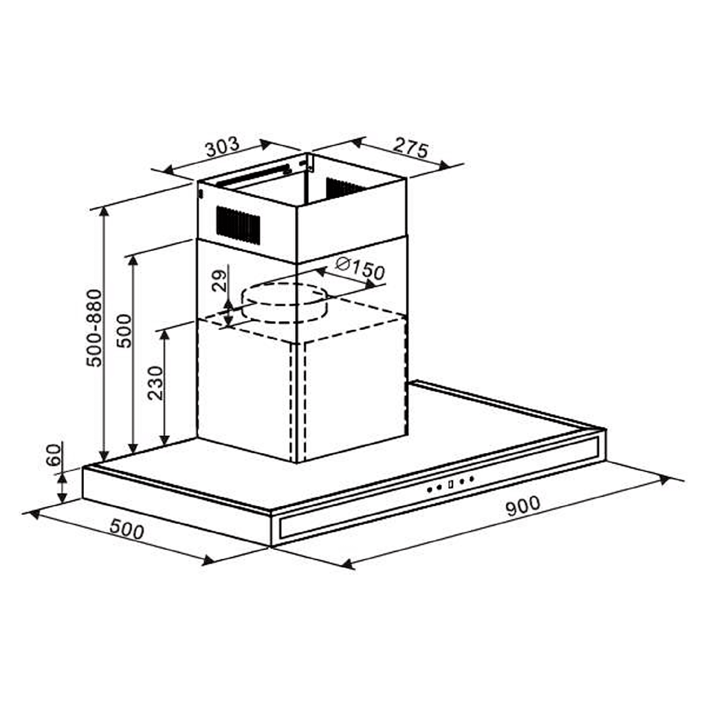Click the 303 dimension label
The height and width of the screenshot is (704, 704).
point(222,146)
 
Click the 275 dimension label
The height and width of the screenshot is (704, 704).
point(411,147)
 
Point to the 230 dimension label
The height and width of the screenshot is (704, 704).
point(155,383)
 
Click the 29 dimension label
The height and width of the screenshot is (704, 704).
point(220,280)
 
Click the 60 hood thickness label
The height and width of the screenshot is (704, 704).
point(54,455)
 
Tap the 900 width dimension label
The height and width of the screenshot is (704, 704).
point(523,506)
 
